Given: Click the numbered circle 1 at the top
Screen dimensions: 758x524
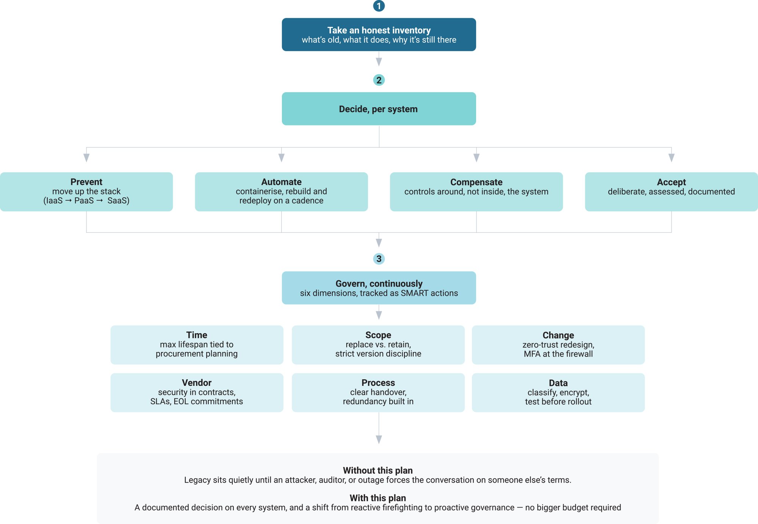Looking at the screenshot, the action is pos(379,6).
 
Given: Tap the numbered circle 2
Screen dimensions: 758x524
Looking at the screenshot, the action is pos(379,80).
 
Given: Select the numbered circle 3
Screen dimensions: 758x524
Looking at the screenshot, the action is pos(379,259).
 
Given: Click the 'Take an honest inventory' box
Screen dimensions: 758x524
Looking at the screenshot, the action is pos(379,34).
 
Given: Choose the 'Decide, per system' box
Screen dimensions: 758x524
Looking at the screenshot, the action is pos(379,109).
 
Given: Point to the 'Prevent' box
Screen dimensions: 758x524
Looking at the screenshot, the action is pos(86,192).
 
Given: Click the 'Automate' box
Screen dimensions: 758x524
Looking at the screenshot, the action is pos(281,192).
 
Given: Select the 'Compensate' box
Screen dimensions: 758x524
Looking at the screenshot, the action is pos(476,192).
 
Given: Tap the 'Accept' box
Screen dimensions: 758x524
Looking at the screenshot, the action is pos(671,192).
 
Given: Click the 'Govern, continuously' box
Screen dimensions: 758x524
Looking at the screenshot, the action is pos(379,288).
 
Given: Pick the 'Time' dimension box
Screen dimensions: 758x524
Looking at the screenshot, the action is pos(197,345).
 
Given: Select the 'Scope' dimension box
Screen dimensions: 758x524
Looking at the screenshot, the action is pos(378,345).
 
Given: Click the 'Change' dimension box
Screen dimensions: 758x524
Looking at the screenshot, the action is pos(558,345).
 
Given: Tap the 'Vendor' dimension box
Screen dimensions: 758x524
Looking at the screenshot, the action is pos(197,393).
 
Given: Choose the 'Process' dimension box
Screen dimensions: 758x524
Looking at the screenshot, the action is pos(378,393).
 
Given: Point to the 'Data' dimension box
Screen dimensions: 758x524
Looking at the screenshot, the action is pos(558,393).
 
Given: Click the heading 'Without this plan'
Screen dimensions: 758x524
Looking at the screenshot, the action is pos(378,471).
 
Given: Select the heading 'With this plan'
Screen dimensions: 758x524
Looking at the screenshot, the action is pos(378,498).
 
